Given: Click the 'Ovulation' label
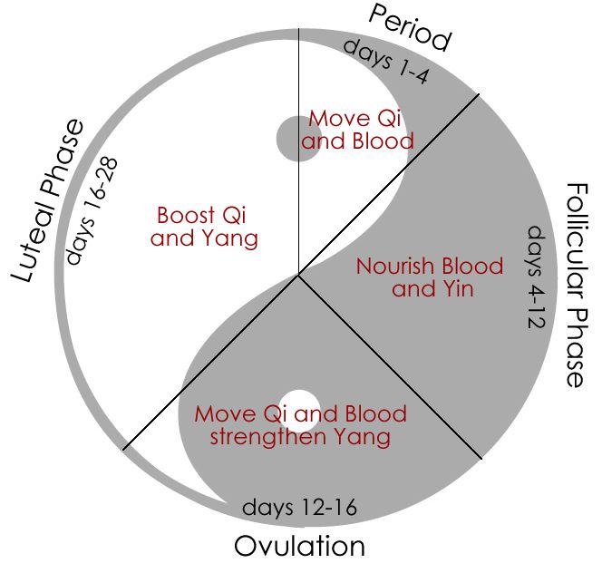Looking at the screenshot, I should tap(300, 547).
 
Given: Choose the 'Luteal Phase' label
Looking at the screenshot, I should tap(47, 199).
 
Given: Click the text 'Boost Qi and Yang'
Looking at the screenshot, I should tap(204, 227).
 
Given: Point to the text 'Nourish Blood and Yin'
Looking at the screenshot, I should tap(430, 278).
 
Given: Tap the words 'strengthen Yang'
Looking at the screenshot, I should tap(300, 436).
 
